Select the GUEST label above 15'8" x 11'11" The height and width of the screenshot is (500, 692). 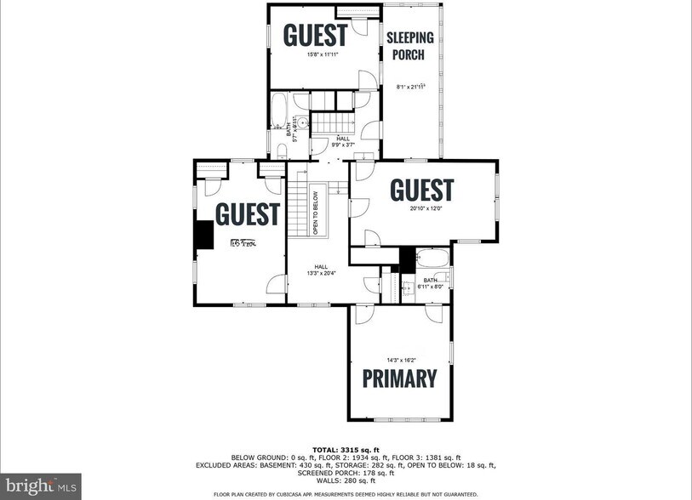[x=315, y=36]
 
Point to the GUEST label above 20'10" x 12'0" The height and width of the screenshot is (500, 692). [x=421, y=190]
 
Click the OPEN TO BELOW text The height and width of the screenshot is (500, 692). [x=315, y=213]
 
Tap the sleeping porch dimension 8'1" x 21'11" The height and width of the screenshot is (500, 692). [x=411, y=87]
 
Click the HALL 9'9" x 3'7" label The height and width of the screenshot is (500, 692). [x=342, y=142]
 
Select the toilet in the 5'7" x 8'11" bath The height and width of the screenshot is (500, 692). [x=282, y=150]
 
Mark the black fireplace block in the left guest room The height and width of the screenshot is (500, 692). [x=203, y=236]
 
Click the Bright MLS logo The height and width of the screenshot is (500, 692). [x=40, y=486]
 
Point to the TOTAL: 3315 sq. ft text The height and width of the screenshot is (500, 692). [x=346, y=451]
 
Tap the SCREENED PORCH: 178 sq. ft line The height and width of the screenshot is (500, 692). [x=346, y=474]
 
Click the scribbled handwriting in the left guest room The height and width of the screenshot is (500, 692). [x=243, y=243]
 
